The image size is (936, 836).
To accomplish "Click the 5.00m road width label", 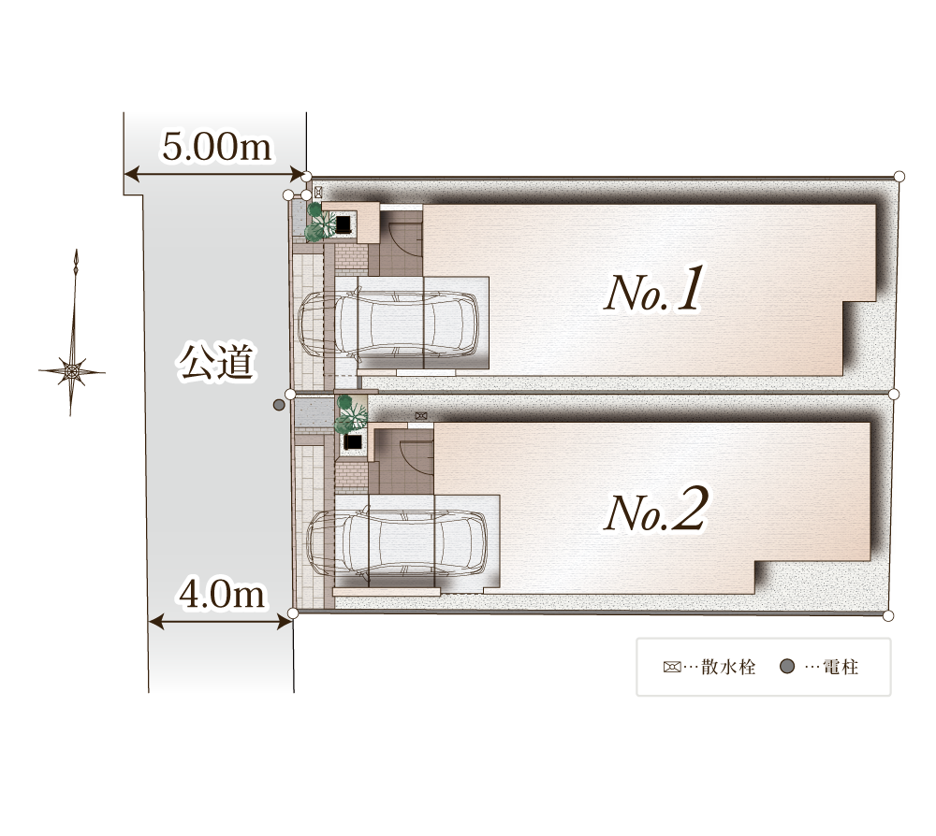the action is click(217, 147).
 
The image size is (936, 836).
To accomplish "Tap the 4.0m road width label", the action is click(222, 595).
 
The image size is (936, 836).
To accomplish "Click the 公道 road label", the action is click(217, 361).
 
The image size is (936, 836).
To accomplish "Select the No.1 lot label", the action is click(653, 290).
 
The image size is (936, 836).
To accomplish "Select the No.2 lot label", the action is click(656, 509).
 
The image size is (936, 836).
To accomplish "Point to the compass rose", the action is click(72, 371).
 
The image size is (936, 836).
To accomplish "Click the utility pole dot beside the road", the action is click(279, 406).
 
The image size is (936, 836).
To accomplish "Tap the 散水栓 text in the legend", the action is click(728, 667).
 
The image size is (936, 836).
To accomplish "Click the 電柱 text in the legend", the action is click(841, 667).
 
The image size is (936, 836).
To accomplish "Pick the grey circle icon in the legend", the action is click(787, 666).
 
